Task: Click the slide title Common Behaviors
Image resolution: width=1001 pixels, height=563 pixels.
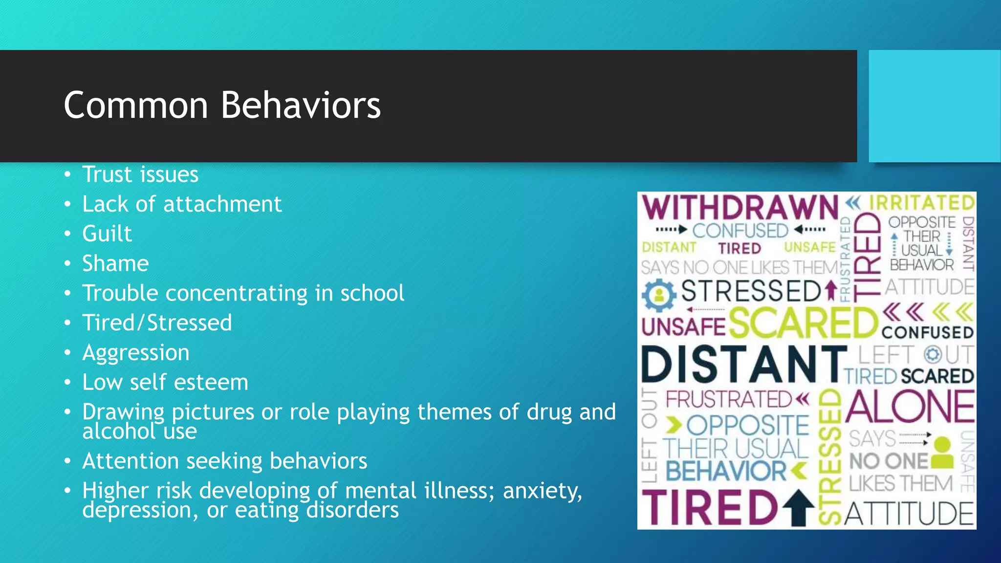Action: [x=222, y=105]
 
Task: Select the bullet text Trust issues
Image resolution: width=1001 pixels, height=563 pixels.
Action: [x=140, y=174]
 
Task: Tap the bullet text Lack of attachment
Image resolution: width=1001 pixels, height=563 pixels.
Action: [x=182, y=204]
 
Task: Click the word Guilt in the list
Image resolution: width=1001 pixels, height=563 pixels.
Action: [x=107, y=234]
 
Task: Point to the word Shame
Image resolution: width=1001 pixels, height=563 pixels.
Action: [x=115, y=263]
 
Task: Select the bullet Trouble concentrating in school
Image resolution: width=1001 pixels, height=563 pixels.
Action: [x=243, y=293]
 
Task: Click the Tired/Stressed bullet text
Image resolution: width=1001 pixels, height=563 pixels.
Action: [x=157, y=323]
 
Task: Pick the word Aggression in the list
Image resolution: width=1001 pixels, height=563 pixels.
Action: [x=136, y=353]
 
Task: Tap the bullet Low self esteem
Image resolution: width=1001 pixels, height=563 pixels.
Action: [x=165, y=382]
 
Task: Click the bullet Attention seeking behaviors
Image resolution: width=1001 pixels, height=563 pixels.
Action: [x=225, y=461]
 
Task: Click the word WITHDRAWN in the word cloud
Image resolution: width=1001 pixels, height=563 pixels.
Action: [x=740, y=208]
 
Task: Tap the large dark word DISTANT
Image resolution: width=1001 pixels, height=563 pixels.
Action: [x=743, y=365]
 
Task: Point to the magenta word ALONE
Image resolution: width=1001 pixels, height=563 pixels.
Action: [x=910, y=407]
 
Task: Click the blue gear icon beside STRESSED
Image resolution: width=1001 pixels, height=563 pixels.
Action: [x=659, y=295]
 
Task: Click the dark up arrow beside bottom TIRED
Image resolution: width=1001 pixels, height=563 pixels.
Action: [x=799, y=508]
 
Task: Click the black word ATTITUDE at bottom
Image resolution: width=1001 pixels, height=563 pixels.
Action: [x=909, y=514]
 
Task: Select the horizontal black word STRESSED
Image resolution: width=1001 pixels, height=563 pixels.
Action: [x=751, y=291]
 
